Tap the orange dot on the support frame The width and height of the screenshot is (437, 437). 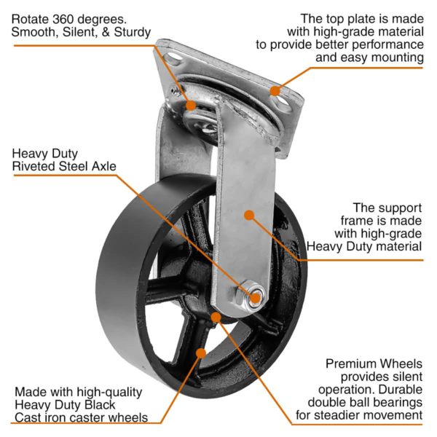[249, 215]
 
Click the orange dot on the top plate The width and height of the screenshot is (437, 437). [275, 91]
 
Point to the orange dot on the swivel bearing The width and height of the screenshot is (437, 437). [191, 105]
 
